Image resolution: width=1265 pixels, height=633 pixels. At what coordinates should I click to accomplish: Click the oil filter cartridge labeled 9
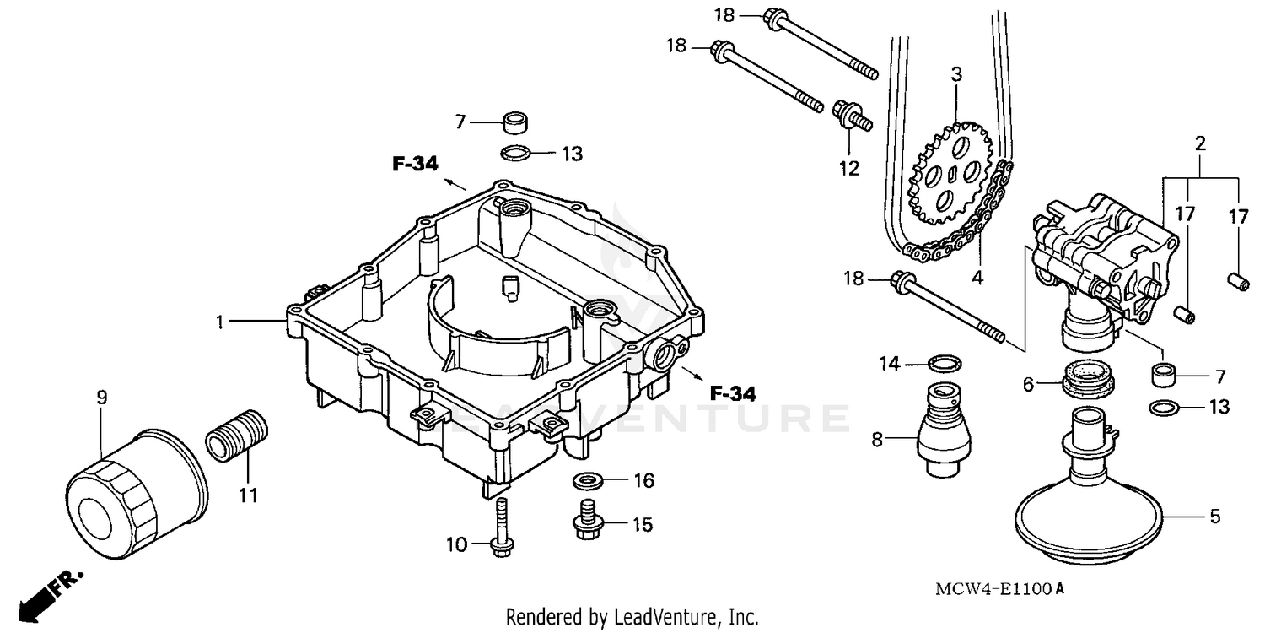(x=135, y=498)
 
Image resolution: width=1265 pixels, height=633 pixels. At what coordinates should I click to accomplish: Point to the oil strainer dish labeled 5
(x=1088, y=515)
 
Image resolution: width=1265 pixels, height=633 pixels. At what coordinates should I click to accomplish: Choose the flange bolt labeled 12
(x=848, y=116)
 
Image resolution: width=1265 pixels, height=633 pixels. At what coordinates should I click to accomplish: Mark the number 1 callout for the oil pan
(x=220, y=322)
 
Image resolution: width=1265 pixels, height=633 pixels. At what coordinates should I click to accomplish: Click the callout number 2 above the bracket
(x=1200, y=144)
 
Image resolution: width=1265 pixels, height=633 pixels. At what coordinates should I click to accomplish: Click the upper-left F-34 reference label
(x=416, y=164)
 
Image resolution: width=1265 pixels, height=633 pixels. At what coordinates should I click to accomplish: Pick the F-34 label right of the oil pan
(x=732, y=393)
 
